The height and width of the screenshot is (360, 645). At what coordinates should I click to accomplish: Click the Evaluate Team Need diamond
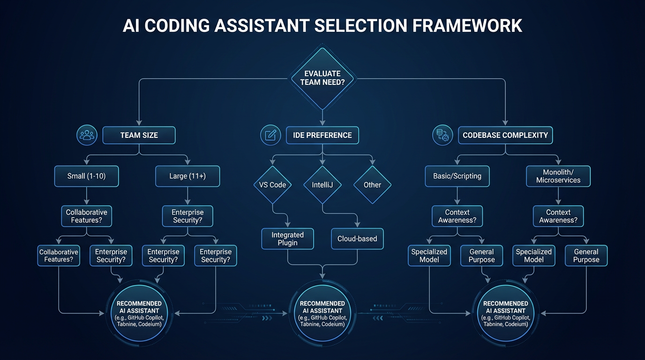[322, 77]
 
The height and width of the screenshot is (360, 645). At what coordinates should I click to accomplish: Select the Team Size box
[139, 135]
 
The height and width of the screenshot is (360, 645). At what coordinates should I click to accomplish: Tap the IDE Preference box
[322, 135]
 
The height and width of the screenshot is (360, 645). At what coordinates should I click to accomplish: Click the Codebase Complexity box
[505, 135]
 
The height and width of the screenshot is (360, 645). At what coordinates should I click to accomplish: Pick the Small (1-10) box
[86, 177]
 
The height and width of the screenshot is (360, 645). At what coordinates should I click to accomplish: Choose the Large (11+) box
[187, 177]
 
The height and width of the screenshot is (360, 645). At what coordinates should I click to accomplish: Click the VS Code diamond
[272, 185]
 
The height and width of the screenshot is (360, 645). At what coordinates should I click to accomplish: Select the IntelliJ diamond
[322, 185]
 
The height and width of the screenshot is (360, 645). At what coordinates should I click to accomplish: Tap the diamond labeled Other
[372, 185]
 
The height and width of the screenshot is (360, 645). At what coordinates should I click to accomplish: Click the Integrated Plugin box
[287, 239]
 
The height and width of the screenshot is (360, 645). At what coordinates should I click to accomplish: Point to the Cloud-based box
[357, 239]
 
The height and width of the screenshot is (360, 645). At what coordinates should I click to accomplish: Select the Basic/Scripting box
[457, 176]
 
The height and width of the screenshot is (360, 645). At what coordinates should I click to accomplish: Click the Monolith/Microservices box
[558, 176]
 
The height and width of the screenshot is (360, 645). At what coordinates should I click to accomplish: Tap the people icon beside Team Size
[87, 135]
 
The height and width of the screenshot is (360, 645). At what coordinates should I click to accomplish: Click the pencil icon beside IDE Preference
[270, 135]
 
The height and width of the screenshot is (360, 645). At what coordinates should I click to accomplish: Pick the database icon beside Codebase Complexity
[442, 135]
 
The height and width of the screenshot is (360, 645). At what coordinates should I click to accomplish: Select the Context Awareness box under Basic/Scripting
[457, 216]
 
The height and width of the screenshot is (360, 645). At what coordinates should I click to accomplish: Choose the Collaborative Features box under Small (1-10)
[86, 216]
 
